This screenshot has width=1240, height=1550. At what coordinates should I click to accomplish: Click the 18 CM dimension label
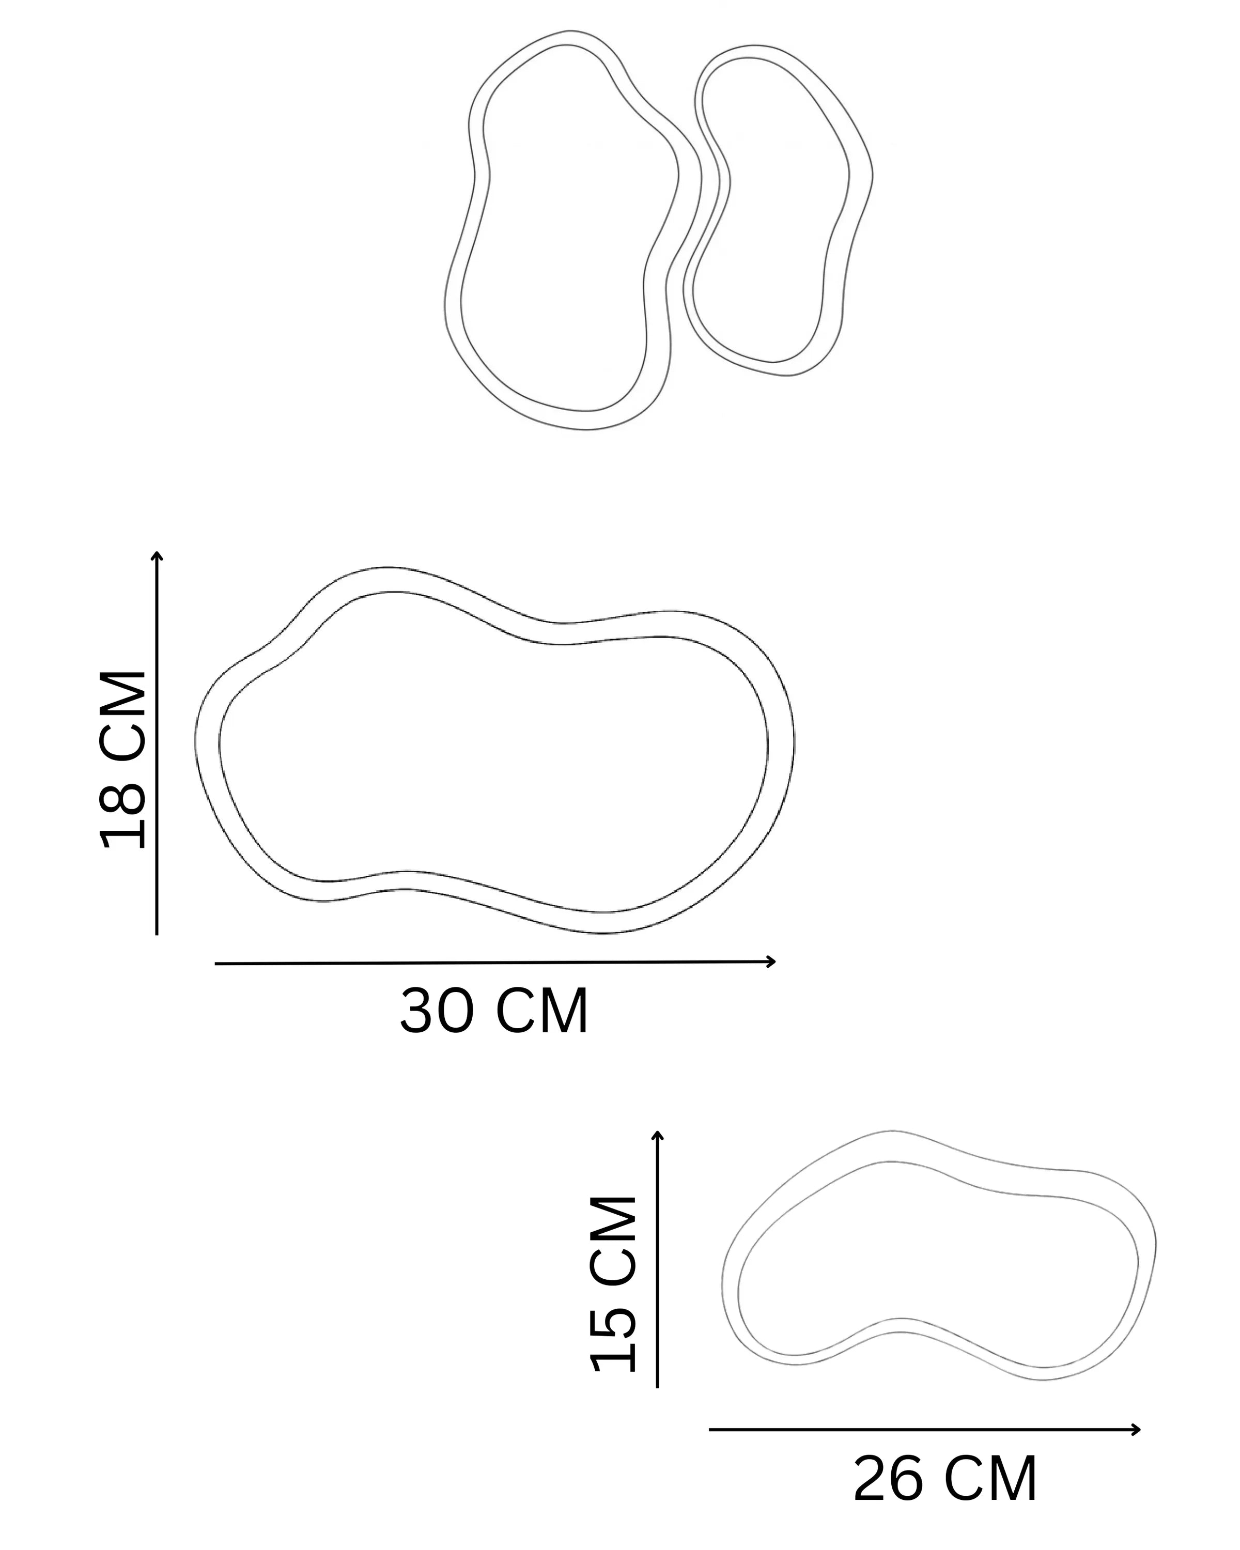[x=123, y=760]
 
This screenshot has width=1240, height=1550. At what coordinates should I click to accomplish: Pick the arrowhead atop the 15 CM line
[x=657, y=1135]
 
